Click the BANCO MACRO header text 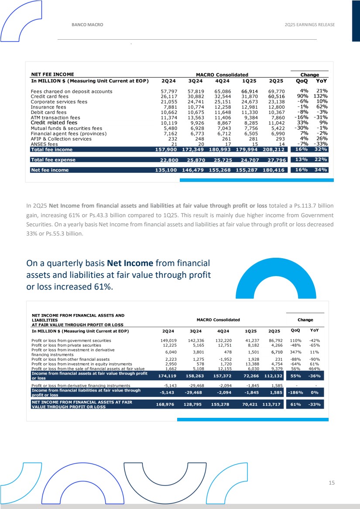[x=87, y=25]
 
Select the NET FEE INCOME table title [x=52, y=75]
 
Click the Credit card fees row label [x=50, y=96]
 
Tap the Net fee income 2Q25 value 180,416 [x=274, y=170]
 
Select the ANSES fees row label [x=45, y=144]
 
